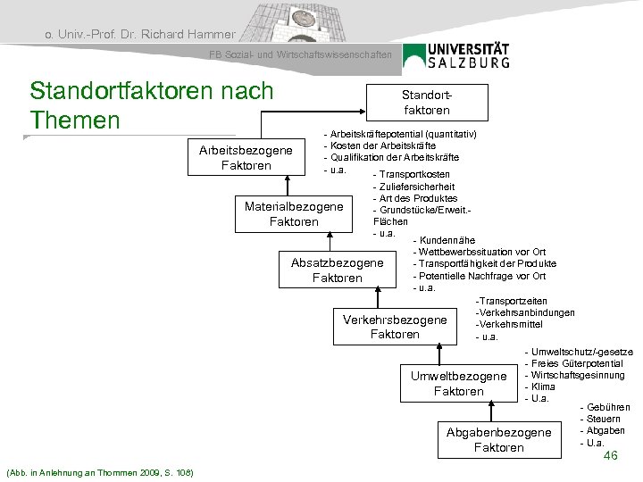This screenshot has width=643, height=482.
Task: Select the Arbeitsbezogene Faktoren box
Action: click(245, 158)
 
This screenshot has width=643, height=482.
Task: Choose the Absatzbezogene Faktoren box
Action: click(337, 270)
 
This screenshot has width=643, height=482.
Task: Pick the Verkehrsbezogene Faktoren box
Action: click(394, 327)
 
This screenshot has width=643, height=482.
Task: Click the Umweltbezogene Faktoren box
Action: click(457, 384)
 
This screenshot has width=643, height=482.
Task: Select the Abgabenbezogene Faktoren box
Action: click(498, 439)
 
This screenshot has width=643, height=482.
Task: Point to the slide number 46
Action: click(611, 456)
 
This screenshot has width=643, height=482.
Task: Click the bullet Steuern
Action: click(605, 419)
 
